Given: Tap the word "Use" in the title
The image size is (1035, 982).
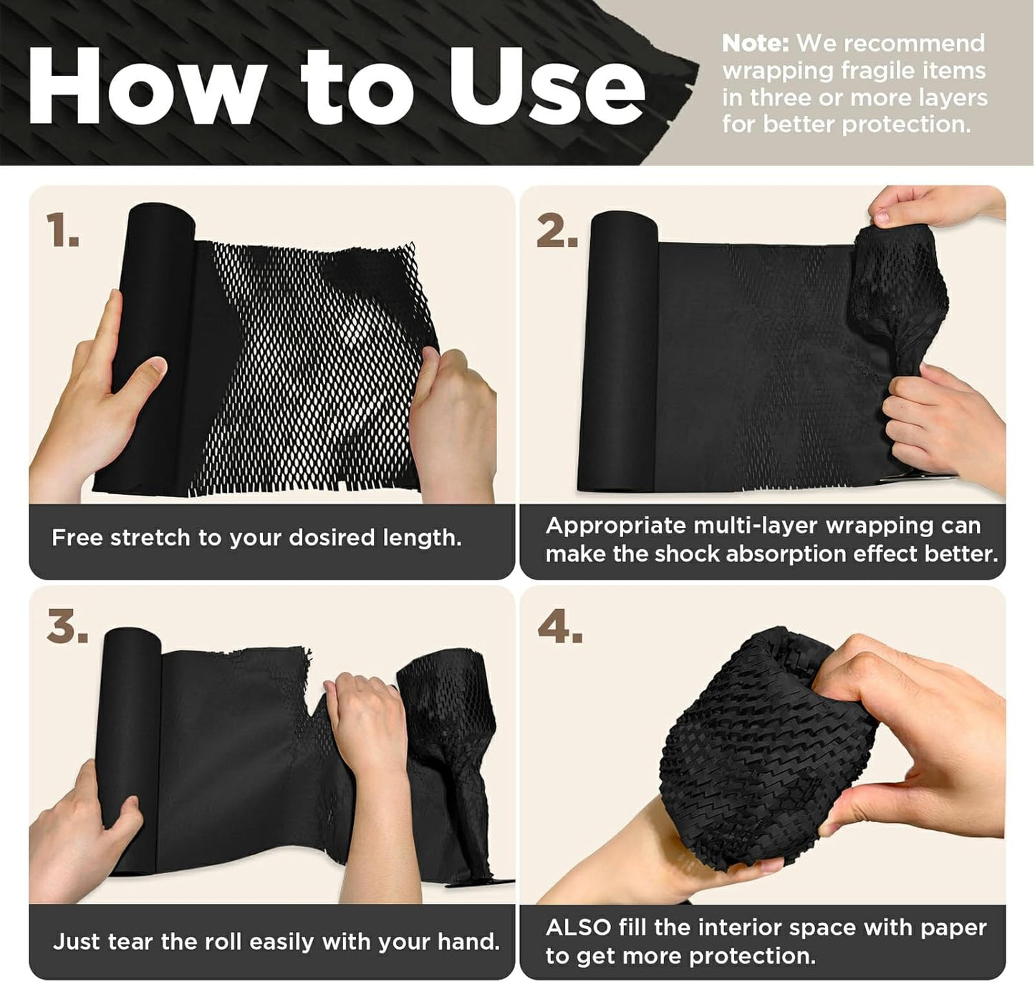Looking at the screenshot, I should pyautogui.click(x=546, y=87).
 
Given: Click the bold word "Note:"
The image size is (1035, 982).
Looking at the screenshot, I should pyautogui.click(x=754, y=44).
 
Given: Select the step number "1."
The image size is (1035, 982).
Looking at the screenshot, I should pyautogui.click(x=62, y=232).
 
